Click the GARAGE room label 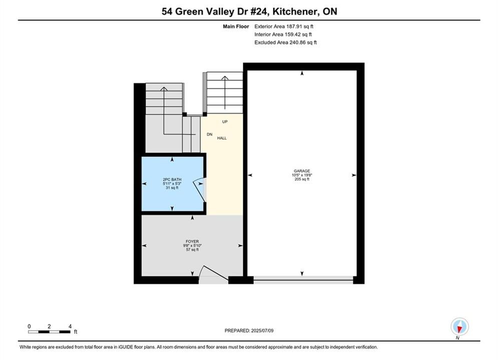pyautogui.click(x=302, y=171)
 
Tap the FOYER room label pyautogui.click(x=192, y=241)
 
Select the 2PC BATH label pyautogui.click(x=172, y=179)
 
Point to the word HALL pyautogui.click(x=222, y=138)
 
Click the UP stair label pyautogui.click(x=225, y=122)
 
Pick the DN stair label pyautogui.click(x=210, y=134)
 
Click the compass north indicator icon pyautogui.click(x=459, y=326)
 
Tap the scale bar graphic pyautogui.click(x=49, y=332)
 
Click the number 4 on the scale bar pyautogui.click(x=70, y=326)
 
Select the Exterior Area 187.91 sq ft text pyautogui.click(x=284, y=26)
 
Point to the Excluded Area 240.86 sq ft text pyautogui.click(x=285, y=42)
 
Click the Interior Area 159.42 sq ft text pyautogui.click(x=283, y=34)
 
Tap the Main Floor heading pyautogui.click(x=236, y=26)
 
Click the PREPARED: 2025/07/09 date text pyautogui.click(x=249, y=330)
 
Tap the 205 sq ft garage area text pyautogui.click(x=302, y=179)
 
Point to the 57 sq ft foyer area pyautogui.click(x=192, y=249)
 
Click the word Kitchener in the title pyautogui.click(x=295, y=11)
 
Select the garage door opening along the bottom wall pyautogui.click(x=303, y=280)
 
